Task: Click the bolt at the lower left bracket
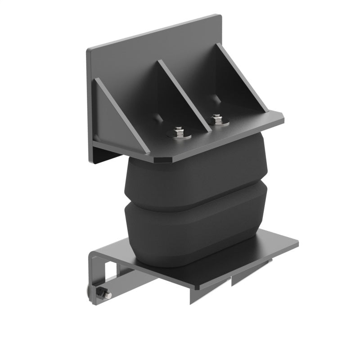click(x=106, y=295)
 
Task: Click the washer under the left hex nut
click(x=179, y=135)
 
